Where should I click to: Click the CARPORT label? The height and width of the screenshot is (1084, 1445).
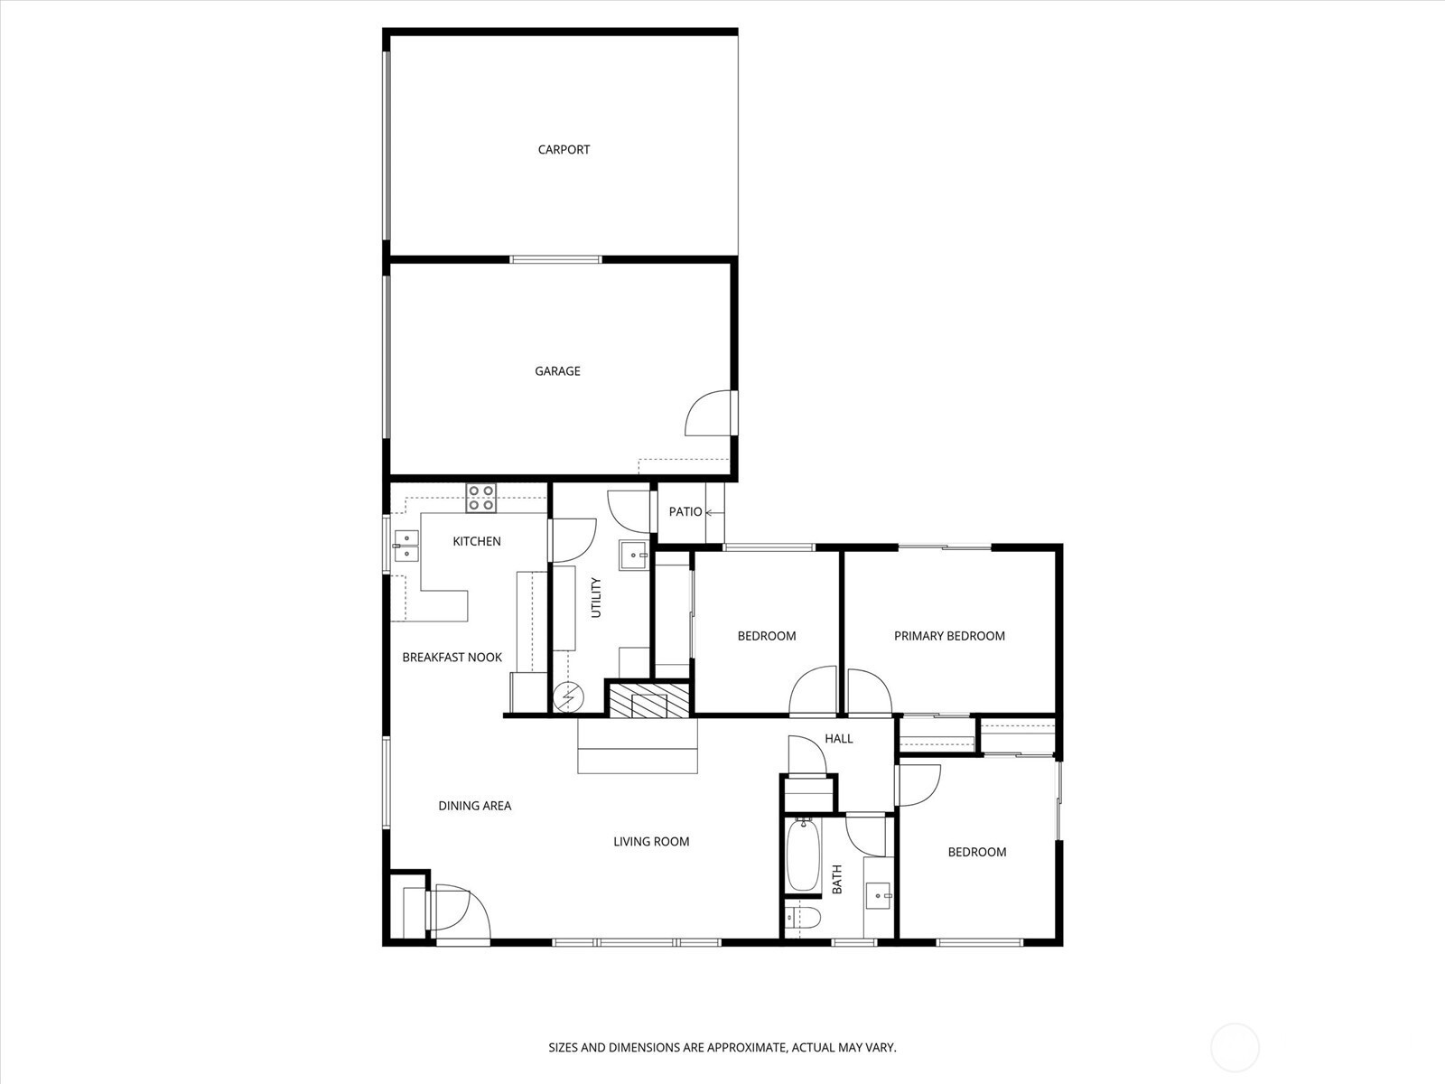564,149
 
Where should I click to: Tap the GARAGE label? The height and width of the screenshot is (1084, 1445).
557,371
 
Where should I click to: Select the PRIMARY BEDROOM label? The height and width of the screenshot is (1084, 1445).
949,636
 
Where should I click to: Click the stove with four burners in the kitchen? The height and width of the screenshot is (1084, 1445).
481,498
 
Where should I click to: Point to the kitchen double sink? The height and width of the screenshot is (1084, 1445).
406,547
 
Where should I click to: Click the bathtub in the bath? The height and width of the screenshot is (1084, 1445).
803,855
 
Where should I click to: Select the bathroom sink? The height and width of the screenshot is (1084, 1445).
878,896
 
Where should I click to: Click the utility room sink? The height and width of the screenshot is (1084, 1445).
634,556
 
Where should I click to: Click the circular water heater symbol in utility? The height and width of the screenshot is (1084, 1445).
568,697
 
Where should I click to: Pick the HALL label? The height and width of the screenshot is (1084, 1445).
839,738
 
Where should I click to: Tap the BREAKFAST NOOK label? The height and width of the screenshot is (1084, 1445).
452,657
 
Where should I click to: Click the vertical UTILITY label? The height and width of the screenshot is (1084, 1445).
596,598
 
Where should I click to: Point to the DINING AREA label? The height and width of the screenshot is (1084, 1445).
475,806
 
